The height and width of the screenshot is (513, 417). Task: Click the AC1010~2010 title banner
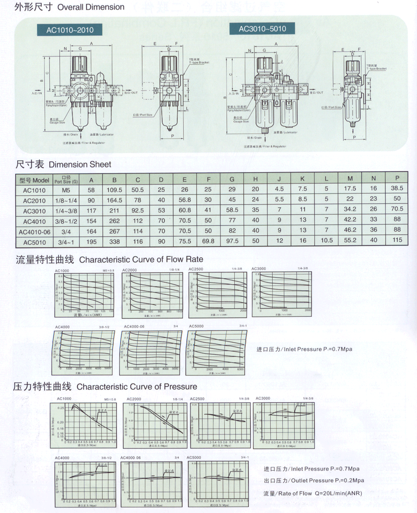(70, 30)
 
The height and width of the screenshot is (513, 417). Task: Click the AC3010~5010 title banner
(262, 29)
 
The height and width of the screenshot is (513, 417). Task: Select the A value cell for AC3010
(91, 211)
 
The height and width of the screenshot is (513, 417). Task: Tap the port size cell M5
(66, 190)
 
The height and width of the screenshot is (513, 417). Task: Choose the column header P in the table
(397, 178)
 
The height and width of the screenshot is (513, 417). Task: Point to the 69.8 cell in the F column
(208, 241)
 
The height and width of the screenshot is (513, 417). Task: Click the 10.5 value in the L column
(326, 240)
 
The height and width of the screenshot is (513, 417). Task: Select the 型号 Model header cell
(34, 180)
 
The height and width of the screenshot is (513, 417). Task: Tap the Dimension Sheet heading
(63, 164)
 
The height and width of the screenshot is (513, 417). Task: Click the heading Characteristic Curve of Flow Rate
(109, 260)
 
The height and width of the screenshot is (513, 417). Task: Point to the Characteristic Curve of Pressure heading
(105, 387)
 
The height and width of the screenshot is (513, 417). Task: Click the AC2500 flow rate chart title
(196, 269)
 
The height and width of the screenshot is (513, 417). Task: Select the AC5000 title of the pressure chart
(194, 457)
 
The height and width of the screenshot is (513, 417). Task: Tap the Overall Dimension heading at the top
(69, 7)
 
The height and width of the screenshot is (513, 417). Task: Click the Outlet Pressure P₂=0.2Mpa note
(314, 481)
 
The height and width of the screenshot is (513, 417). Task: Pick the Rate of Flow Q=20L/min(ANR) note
(312, 493)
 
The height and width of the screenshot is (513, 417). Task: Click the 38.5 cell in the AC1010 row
(397, 188)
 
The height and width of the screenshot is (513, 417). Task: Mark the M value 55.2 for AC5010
(350, 240)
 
